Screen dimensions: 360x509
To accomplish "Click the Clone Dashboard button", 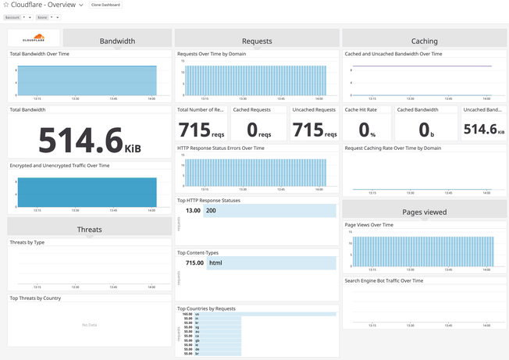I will tap(105, 5).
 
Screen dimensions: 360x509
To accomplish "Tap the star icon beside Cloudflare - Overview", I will tap(5, 5).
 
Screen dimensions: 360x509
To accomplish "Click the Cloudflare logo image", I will tap(34, 37).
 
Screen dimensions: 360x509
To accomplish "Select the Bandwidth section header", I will tap(117, 41).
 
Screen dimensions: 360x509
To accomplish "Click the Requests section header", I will tap(257, 41).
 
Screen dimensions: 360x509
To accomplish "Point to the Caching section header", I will tap(424, 41).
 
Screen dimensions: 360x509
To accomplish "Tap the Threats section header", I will tap(90, 229).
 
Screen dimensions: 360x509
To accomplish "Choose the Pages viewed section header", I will tap(424, 211).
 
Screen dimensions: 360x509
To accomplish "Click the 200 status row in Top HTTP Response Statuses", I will tap(270, 210).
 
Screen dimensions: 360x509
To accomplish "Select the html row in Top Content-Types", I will tap(270, 263).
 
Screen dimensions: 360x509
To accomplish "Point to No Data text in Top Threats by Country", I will tap(90, 324).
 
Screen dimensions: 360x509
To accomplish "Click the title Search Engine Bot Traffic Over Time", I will tap(384, 280).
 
